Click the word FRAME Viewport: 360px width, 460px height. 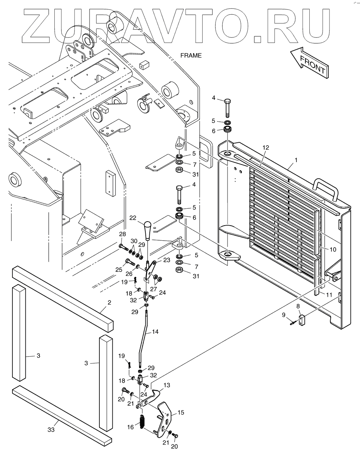(x=191, y=55)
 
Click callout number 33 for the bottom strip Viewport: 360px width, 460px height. (x=51, y=430)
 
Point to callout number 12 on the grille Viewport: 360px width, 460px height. (x=266, y=147)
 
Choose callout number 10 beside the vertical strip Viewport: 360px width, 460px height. (x=333, y=249)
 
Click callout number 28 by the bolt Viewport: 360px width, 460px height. (x=122, y=234)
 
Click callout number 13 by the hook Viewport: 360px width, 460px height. (x=167, y=385)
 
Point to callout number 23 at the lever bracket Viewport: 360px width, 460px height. (x=167, y=260)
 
